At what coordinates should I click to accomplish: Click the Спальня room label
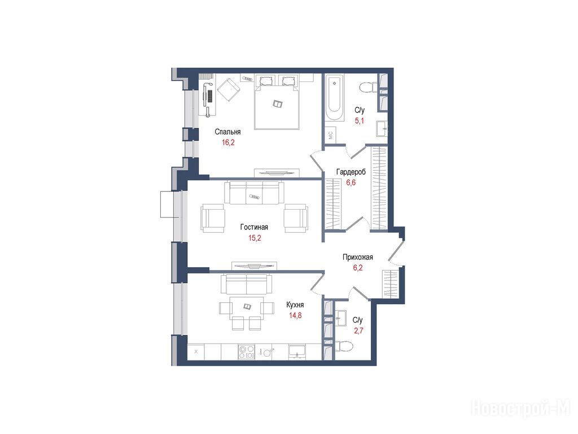(x=227, y=132)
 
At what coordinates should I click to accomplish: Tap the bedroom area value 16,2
(x=228, y=142)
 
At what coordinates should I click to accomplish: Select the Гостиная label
(x=254, y=227)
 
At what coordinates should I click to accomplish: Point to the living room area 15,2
(x=255, y=238)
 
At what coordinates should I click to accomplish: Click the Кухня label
(x=295, y=305)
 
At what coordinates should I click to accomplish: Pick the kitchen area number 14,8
(x=295, y=315)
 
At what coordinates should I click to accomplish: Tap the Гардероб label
(x=351, y=172)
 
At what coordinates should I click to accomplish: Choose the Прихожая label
(x=357, y=257)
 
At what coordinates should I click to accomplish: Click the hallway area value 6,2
(x=357, y=268)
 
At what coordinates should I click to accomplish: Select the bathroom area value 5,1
(x=359, y=121)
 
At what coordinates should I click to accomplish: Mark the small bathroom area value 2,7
(x=358, y=331)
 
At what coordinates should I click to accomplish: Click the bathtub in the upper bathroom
(x=335, y=98)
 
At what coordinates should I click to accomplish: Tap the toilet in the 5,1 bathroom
(x=368, y=88)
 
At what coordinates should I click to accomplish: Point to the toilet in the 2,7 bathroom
(x=344, y=346)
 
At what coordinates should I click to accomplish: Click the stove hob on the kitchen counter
(x=246, y=351)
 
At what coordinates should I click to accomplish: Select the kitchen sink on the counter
(x=297, y=351)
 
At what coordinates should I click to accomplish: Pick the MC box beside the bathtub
(x=330, y=135)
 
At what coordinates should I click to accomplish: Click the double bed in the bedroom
(x=277, y=102)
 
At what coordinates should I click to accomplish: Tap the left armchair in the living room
(x=213, y=219)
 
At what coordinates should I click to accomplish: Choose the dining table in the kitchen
(x=247, y=307)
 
